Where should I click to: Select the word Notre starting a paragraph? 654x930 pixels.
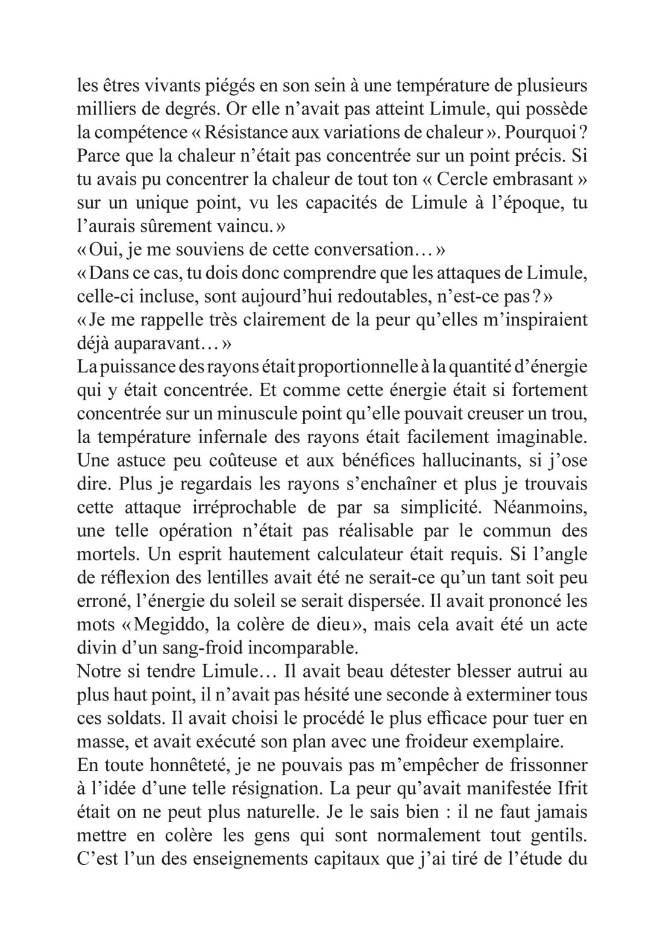[x=99, y=671]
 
